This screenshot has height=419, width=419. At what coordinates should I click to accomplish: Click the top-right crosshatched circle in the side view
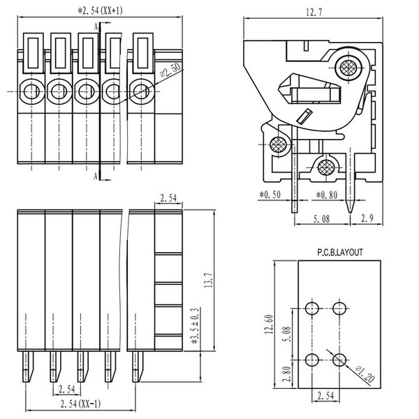pyautogui.click(x=347, y=68)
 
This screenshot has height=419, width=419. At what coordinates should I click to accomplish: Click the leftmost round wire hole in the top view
pyautogui.click(x=31, y=90)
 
